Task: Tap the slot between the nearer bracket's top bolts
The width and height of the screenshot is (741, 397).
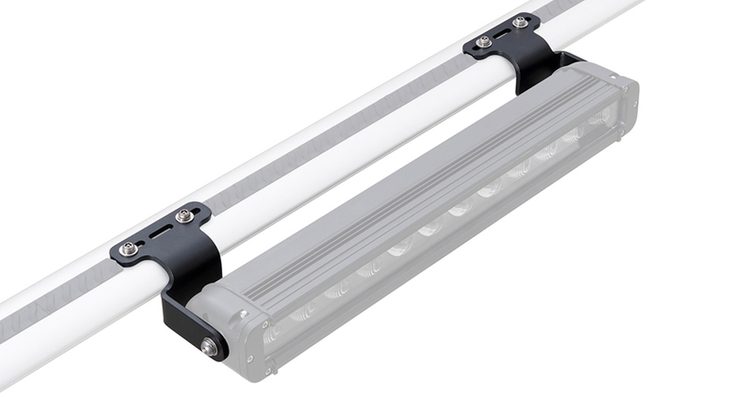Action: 157,233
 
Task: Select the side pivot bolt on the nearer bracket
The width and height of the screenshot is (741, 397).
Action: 210,347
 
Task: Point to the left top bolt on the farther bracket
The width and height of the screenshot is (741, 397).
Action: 484,42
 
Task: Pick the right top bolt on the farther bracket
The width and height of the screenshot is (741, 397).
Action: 522,22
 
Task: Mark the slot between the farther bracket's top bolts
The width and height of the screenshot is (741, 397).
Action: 503,33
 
